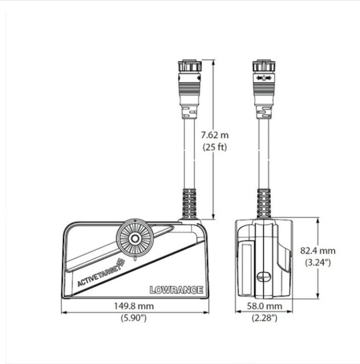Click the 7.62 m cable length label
point(215,135)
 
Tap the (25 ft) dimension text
point(215,147)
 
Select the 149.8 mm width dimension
point(134,306)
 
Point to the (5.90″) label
point(134,318)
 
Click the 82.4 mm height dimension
point(318,250)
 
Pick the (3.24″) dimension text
point(318,262)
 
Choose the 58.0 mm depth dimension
point(264,306)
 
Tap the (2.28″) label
point(265,318)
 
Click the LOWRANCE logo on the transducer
point(176,290)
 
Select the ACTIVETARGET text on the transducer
point(101,273)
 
